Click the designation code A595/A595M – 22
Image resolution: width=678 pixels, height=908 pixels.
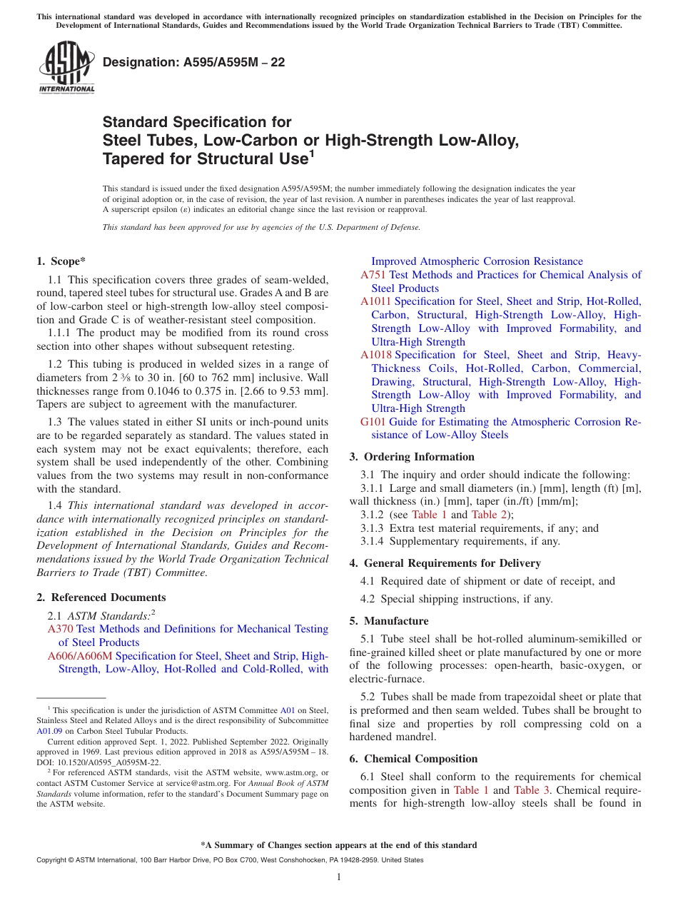point(194,63)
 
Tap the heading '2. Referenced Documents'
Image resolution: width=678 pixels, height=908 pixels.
point(101,597)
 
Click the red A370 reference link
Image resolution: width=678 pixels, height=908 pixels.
point(60,629)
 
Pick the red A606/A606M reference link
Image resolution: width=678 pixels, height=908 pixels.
point(80,656)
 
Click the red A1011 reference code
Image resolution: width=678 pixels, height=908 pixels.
point(376,301)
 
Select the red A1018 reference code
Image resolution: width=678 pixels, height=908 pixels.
point(376,355)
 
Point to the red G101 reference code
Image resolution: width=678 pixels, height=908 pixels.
point(373,422)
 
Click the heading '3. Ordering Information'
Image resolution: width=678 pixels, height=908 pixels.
point(412,457)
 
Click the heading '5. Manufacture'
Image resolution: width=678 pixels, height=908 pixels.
point(389,621)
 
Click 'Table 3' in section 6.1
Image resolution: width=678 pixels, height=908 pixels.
point(532,790)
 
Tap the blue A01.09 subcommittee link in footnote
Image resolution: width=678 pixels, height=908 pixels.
point(49,731)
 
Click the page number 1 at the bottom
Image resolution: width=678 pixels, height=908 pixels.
point(339,877)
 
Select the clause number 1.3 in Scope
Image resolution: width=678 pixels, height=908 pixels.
point(55,422)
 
